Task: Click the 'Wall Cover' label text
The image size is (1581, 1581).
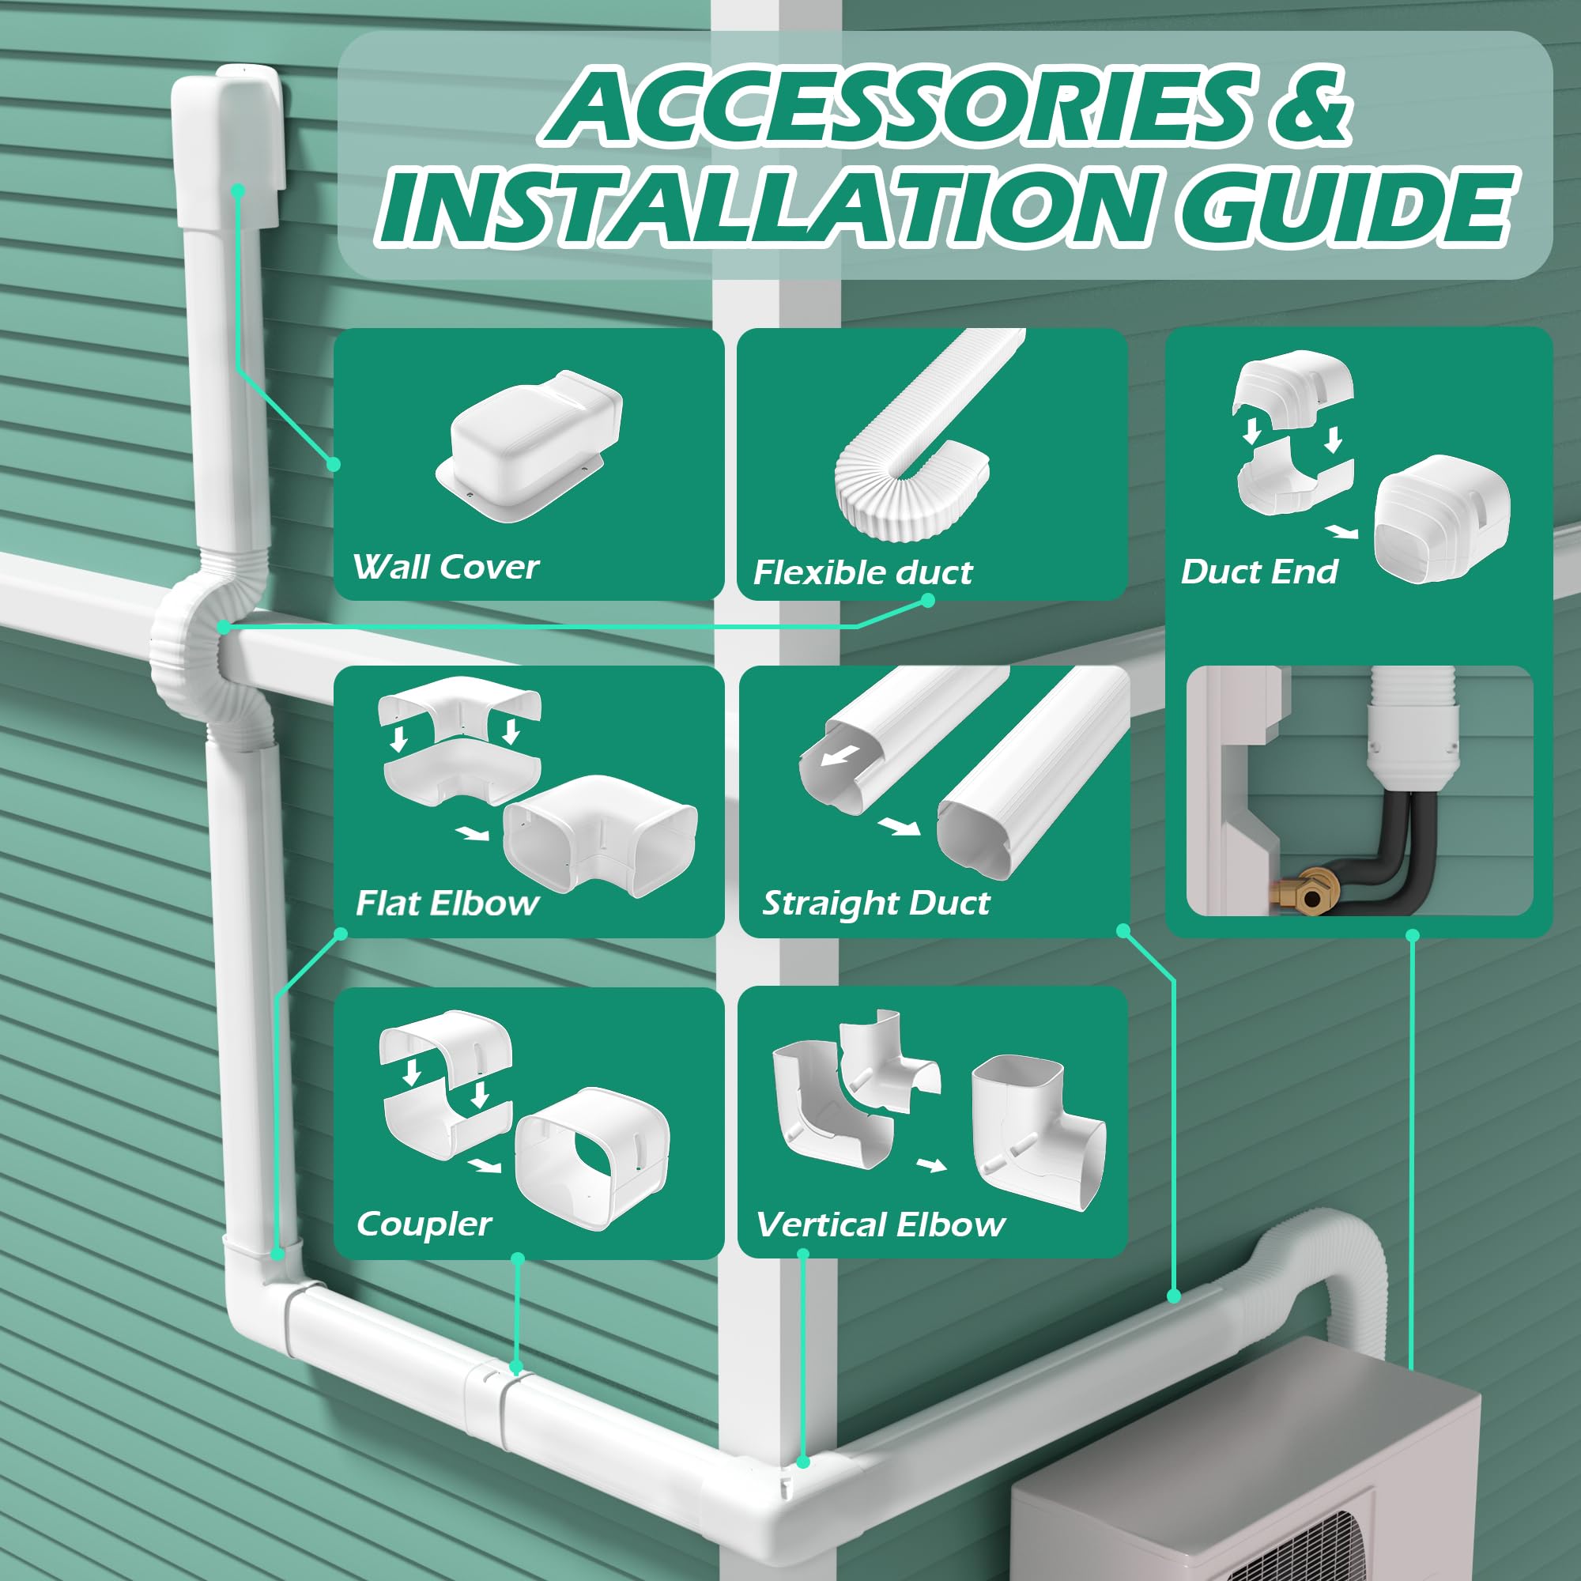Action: click(x=446, y=566)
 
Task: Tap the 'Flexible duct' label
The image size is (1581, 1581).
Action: click(x=862, y=572)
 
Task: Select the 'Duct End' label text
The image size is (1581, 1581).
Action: click(x=1258, y=572)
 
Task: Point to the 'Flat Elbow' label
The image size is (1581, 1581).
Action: click(x=447, y=903)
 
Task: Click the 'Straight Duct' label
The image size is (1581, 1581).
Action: click(x=876, y=903)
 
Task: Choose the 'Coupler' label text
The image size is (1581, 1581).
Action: click(x=424, y=1224)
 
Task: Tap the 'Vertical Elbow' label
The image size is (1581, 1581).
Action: click(x=881, y=1224)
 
